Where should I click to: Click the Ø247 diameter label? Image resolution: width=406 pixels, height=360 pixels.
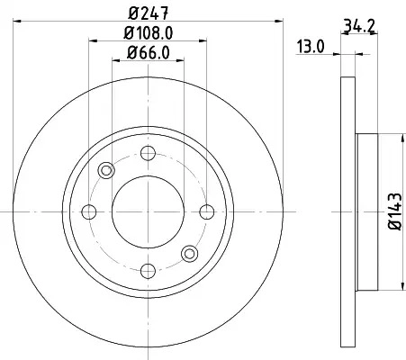[x=149, y=13]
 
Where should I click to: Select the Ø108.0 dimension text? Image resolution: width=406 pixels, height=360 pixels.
[x=149, y=33]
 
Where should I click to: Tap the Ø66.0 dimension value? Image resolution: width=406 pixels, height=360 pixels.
[x=149, y=53]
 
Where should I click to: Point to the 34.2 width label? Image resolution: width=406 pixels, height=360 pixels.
[x=359, y=26]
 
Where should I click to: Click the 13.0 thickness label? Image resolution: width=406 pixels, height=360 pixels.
[x=311, y=47]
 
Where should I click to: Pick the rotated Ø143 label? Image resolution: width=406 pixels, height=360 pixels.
[x=395, y=211]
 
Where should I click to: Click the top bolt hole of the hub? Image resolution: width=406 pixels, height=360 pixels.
[x=148, y=153]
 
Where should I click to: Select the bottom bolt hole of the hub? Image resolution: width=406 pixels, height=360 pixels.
[x=148, y=271]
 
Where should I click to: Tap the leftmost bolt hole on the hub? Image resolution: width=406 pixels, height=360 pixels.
[x=89, y=211]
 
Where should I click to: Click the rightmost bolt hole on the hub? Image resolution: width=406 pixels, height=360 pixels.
[x=207, y=211]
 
